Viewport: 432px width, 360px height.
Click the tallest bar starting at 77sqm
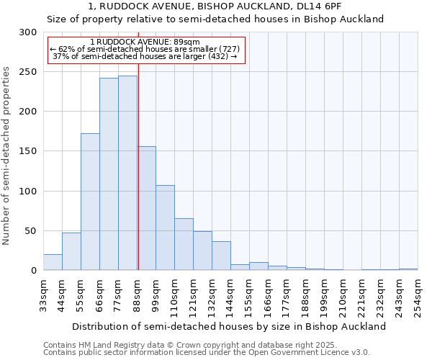click(127, 173)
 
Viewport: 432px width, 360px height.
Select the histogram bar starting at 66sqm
click(109, 174)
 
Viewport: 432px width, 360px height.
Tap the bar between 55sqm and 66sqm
click(90, 202)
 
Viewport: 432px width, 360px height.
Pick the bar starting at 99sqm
click(165, 228)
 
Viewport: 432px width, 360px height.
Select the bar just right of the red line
click(147, 209)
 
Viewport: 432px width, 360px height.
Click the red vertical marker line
click(138, 144)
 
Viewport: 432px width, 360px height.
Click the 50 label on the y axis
click(31, 231)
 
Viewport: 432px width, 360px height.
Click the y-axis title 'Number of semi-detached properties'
click(7, 156)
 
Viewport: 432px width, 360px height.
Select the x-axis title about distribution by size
click(229, 326)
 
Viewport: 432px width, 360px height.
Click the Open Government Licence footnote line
click(207, 353)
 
